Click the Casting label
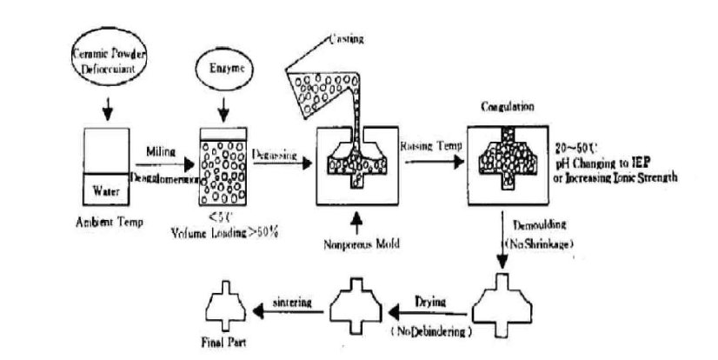pos(347,39)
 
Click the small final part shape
pos(227,308)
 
